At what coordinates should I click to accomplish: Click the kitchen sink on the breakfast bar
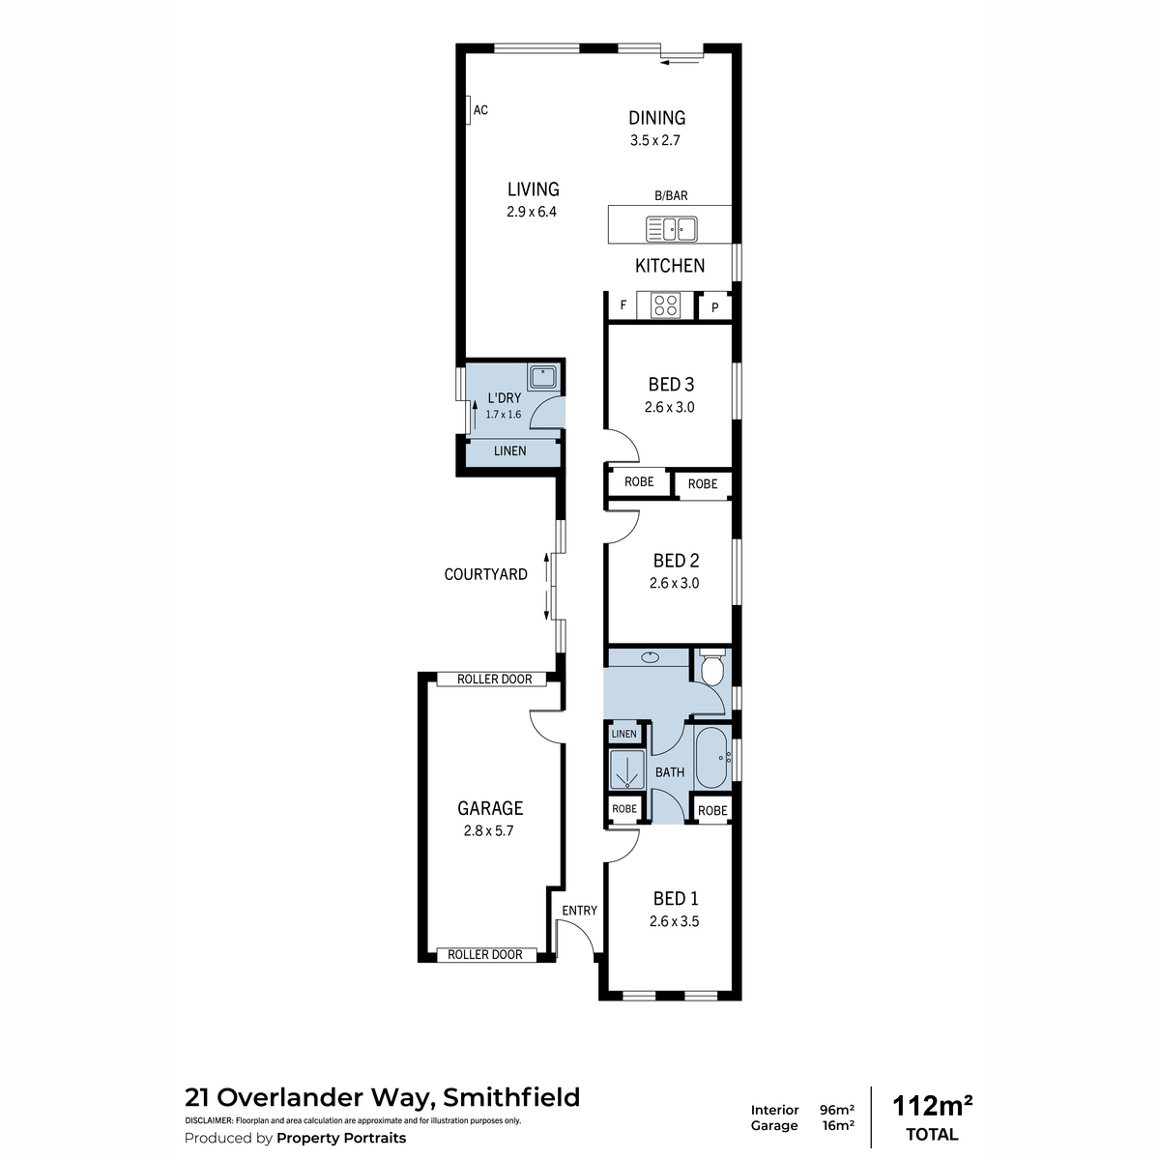671,229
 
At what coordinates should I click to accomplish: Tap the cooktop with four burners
666,305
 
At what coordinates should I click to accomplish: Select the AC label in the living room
480,110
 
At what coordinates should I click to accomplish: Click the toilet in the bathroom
712,668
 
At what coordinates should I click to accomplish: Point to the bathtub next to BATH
712,757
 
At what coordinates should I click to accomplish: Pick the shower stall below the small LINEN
626,768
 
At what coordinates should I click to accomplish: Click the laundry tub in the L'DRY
543,377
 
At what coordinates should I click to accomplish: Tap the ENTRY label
579,911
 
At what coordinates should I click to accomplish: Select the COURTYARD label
486,574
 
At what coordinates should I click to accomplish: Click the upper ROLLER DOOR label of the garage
494,679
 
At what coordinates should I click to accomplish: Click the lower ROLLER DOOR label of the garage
484,954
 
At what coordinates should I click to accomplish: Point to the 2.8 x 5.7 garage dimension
488,830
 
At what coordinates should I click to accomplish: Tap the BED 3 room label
671,384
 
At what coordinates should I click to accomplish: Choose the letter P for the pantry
714,308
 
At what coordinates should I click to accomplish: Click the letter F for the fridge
623,304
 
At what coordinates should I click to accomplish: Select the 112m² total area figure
932,1107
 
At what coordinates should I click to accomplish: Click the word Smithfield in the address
511,1097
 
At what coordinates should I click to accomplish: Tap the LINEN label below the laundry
509,450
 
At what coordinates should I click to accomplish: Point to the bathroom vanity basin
649,657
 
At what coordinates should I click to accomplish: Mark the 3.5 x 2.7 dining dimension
655,140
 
